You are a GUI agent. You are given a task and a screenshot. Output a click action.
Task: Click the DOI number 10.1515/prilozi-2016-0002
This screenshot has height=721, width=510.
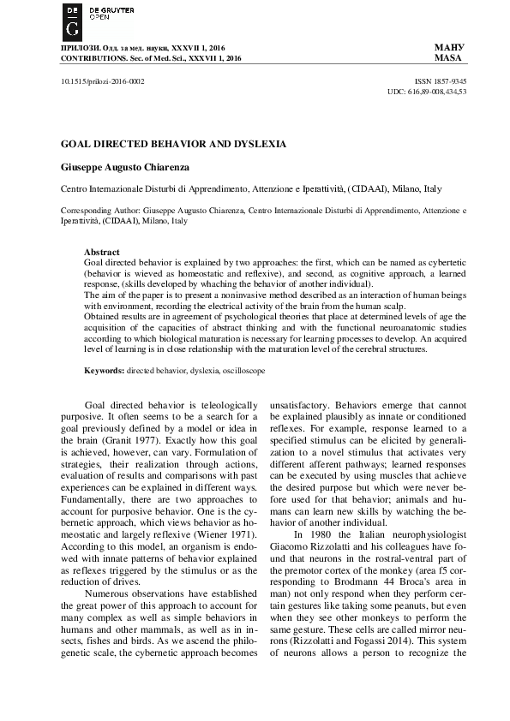(x=102, y=78)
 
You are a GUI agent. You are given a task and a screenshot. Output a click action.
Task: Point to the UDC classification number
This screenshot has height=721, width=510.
(x=427, y=89)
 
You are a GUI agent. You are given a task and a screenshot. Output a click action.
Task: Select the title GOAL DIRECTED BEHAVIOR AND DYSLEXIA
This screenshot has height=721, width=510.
(x=173, y=144)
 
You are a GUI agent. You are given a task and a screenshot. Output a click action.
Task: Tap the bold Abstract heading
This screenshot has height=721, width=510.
(x=102, y=251)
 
